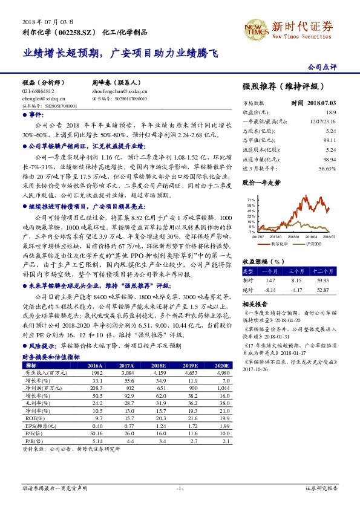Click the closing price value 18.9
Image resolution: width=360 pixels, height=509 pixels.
tap(330, 112)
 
